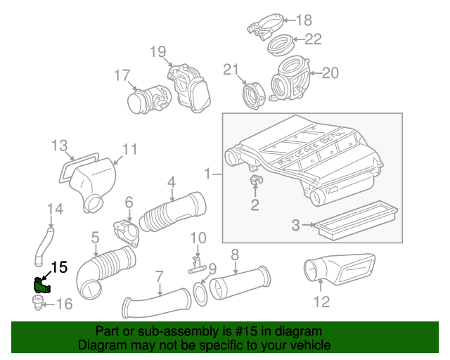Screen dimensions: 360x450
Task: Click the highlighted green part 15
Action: point(41,285)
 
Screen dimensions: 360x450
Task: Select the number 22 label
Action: point(312,39)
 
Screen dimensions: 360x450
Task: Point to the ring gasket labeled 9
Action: point(200,290)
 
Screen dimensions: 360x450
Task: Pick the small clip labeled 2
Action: point(255,185)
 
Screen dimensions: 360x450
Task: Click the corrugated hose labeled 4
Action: point(174,211)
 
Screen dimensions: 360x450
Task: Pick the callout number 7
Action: point(159,276)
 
